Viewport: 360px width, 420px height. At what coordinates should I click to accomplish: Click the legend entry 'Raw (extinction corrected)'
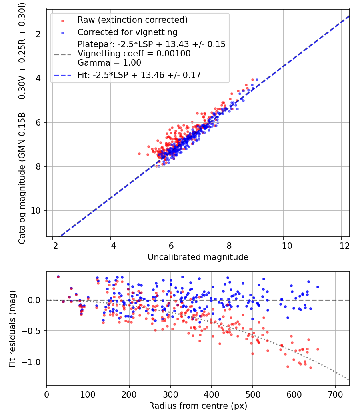point(132,20)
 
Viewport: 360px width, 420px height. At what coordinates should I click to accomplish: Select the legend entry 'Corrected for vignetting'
point(127,32)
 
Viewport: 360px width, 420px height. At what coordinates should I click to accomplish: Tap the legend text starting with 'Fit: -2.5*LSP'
point(139,74)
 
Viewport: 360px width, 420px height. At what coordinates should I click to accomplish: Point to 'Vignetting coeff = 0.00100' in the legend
point(134,53)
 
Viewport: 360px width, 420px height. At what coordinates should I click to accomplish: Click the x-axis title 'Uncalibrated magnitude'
point(198,257)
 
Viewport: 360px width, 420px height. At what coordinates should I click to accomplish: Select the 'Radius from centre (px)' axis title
point(198,406)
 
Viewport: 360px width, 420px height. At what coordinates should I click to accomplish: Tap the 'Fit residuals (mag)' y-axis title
point(12,328)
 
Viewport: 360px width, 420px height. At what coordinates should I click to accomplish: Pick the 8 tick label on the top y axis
point(39,166)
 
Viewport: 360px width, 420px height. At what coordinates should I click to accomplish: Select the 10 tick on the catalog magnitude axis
point(37,210)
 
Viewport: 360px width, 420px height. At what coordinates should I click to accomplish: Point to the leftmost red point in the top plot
point(139,154)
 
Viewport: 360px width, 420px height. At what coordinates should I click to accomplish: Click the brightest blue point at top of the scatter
point(257,80)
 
